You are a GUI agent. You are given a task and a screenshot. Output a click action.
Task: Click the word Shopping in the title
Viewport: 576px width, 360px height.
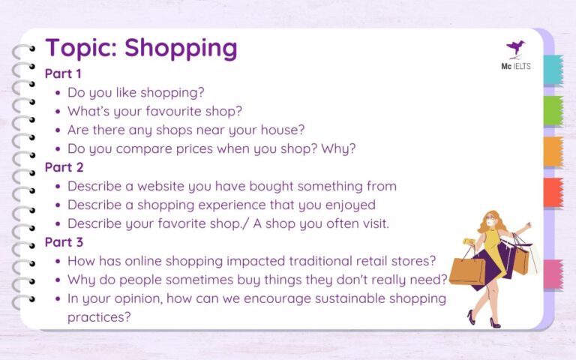[181, 48]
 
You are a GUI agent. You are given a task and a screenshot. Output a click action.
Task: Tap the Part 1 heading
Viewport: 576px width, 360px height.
[63, 73]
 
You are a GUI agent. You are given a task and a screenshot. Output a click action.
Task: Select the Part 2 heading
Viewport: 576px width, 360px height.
[63, 167]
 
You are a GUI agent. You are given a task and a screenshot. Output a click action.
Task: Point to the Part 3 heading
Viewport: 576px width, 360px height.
[64, 242]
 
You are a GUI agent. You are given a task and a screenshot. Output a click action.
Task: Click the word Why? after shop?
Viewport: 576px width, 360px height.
[338, 148]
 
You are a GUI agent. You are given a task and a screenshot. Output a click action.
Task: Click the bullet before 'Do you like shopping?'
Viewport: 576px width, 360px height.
[58, 92]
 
